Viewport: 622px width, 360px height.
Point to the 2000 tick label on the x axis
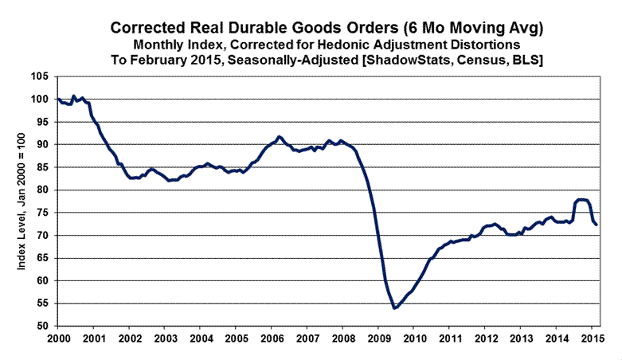pos(57,338)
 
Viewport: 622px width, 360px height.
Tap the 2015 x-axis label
pos(592,338)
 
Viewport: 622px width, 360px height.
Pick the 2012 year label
pos(485,338)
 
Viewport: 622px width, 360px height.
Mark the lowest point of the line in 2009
pos(395,307)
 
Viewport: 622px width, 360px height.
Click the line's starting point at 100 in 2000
pos(57,100)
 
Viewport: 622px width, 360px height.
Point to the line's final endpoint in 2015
pos(597,225)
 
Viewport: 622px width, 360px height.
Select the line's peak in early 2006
pos(279,137)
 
